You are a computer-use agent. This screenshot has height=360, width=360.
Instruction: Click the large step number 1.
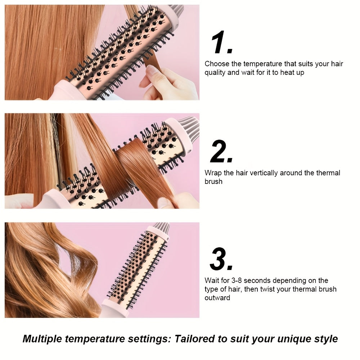(x=221, y=42)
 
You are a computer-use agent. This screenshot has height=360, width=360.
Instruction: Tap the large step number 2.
(x=221, y=151)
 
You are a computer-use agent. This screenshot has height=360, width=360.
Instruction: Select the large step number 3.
(x=221, y=259)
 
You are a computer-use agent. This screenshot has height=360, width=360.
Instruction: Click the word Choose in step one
(x=217, y=64)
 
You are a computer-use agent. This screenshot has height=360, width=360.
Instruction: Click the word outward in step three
(x=217, y=298)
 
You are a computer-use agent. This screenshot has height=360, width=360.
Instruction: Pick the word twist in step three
(x=267, y=289)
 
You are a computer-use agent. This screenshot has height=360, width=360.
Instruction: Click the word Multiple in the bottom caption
(x=42, y=339)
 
